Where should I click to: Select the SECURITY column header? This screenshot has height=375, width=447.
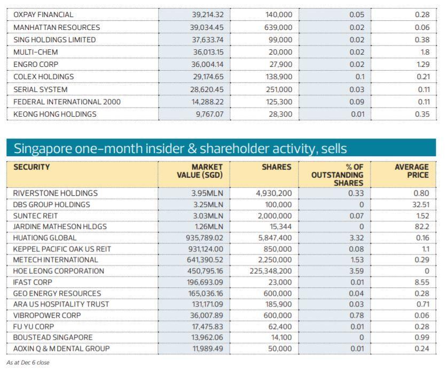coord(32,167)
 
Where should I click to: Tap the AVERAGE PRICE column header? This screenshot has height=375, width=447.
coord(411,171)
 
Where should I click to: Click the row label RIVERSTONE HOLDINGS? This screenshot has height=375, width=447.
coord(56,193)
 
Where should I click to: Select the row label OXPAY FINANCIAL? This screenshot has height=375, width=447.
coord(43,14)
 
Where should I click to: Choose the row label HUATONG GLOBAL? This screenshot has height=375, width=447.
coord(45,238)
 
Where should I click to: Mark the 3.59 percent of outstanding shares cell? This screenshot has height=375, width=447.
coord(356,271)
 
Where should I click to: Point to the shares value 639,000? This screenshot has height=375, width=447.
coord(278,27)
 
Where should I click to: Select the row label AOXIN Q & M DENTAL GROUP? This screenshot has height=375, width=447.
coord(61,348)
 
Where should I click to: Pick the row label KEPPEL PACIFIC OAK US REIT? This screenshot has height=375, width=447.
coord(62,249)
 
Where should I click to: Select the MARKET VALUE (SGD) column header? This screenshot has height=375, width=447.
coord(200,171)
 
